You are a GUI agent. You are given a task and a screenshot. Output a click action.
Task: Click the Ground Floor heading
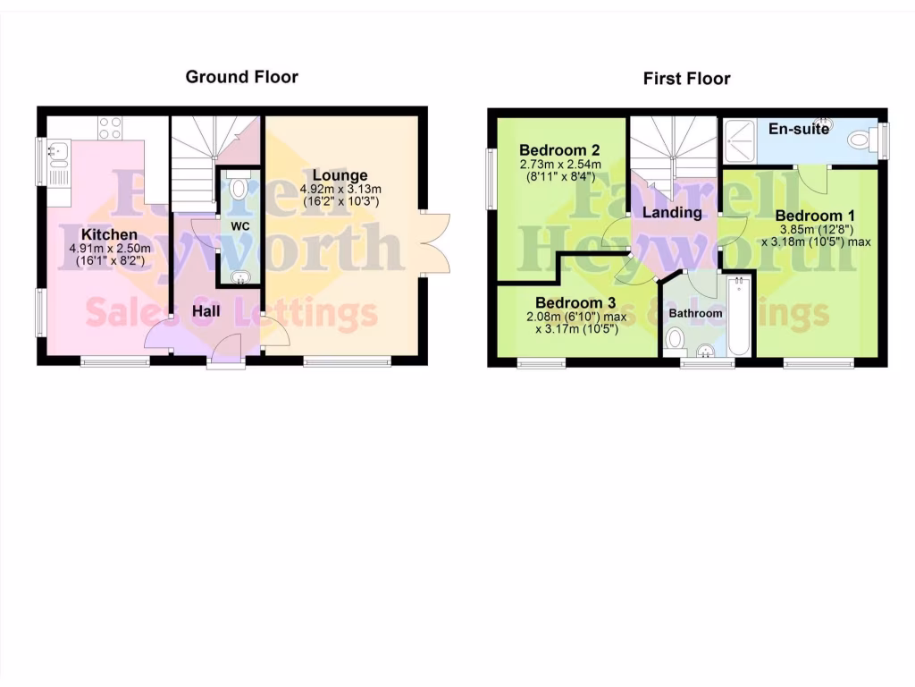pyautogui.click(x=241, y=77)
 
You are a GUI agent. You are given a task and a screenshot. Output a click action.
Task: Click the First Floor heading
pyautogui.click(x=686, y=79)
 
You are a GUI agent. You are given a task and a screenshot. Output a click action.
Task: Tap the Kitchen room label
pyautogui.click(x=105, y=234)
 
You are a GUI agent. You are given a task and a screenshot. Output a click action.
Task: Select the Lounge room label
pyautogui.click(x=340, y=174)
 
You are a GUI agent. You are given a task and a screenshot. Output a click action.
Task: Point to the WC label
pyautogui.click(x=239, y=226)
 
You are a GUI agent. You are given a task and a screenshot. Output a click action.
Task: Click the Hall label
pyautogui.click(x=206, y=311)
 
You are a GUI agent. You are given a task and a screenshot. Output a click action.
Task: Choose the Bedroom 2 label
pyautogui.click(x=559, y=149)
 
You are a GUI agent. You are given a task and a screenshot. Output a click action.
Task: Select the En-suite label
pyautogui.click(x=799, y=129)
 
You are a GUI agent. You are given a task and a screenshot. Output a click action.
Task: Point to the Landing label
pyautogui.click(x=672, y=212)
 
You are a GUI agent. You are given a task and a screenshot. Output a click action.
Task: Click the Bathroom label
pyautogui.click(x=695, y=313)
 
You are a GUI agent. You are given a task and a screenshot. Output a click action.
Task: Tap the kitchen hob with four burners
pyautogui.click(x=111, y=128)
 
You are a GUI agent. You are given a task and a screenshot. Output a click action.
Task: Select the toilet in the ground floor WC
pyautogui.click(x=239, y=190)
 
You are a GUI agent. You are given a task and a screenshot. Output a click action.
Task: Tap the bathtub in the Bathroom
pyautogui.click(x=737, y=318)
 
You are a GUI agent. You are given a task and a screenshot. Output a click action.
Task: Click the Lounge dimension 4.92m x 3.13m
pyautogui.click(x=340, y=189)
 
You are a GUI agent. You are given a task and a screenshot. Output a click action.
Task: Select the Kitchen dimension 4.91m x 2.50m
pyautogui.click(x=105, y=248)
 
